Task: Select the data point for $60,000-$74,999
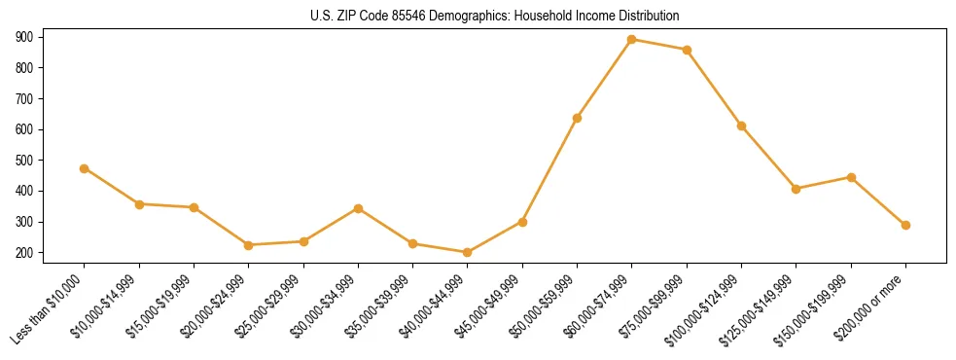(632, 40)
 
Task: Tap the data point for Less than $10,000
(85, 168)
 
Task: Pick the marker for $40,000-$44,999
(468, 253)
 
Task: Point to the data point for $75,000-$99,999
(687, 50)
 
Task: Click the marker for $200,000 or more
(905, 225)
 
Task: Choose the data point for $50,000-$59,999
(578, 118)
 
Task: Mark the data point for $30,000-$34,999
(359, 208)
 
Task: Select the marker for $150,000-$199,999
(851, 177)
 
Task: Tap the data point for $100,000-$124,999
(742, 126)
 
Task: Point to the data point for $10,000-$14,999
(140, 204)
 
